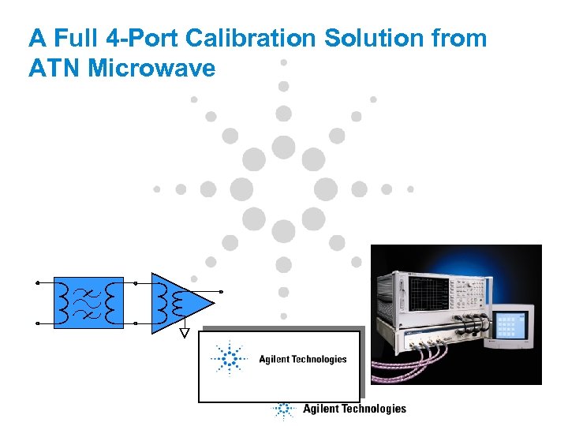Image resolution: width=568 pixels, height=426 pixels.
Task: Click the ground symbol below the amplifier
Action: coord(185,333)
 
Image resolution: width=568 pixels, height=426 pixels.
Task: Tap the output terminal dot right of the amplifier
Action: coord(222,292)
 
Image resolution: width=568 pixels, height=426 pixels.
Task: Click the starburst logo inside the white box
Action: coord(229,360)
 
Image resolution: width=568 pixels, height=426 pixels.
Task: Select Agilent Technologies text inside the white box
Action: coord(303,360)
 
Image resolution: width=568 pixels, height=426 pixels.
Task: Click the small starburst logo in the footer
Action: coord(282,409)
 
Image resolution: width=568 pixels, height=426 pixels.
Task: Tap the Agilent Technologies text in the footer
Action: coord(354,409)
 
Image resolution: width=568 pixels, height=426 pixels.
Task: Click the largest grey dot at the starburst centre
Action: coord(283,148)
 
